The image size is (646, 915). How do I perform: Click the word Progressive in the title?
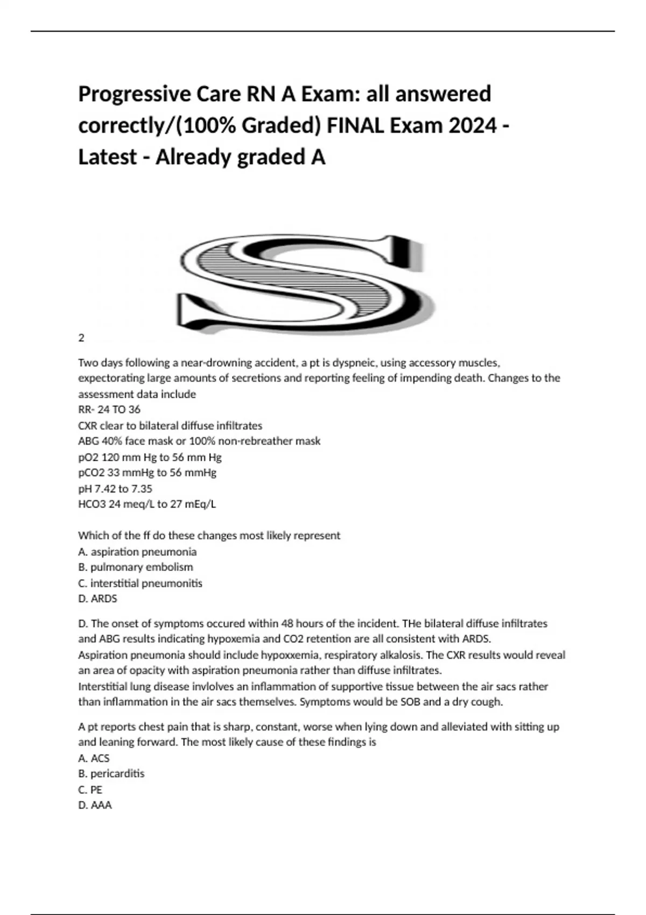coord(134,95)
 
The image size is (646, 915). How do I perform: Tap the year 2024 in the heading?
coord(473,126)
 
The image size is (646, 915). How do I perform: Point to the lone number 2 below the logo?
coord(81,338)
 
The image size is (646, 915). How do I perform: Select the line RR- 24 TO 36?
coord(109,410)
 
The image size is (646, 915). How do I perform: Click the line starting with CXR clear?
coord(170,426)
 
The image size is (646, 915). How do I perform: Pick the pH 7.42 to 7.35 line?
coord(115,489)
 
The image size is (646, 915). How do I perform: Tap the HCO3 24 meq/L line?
coord(147,504)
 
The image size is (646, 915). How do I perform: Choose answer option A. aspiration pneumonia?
coord(137,552)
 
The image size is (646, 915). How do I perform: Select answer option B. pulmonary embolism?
coord(136,567)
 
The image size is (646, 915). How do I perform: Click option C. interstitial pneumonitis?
coord(140,583)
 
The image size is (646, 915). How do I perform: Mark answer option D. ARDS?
coord(97,599)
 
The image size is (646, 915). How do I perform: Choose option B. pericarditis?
coord(111,773)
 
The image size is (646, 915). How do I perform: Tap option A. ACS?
coord(94,758)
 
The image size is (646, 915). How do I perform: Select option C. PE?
coord(90,790)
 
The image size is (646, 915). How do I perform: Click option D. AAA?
coord(95,805)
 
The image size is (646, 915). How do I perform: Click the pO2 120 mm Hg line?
coord(150,457)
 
